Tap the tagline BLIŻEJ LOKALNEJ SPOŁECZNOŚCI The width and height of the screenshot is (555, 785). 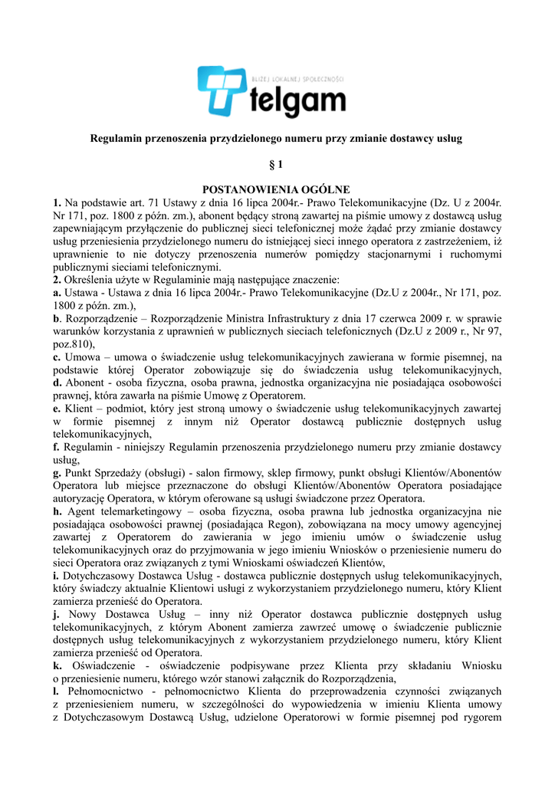(x=298, y=80)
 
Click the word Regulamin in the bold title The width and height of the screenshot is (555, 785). (x=116, y=139)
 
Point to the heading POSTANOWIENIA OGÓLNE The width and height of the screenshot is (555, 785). (x=276, y=189)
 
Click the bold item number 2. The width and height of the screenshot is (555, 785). (x=56, y=280)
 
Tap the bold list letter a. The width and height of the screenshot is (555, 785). (x=56, y=293)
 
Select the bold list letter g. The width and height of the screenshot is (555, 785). (x=56, y=473)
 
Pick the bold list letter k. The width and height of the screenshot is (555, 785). (x=56, y=665)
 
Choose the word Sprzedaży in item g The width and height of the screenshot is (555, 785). (x=113, y=473)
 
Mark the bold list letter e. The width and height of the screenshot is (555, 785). (x=56, y=409)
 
